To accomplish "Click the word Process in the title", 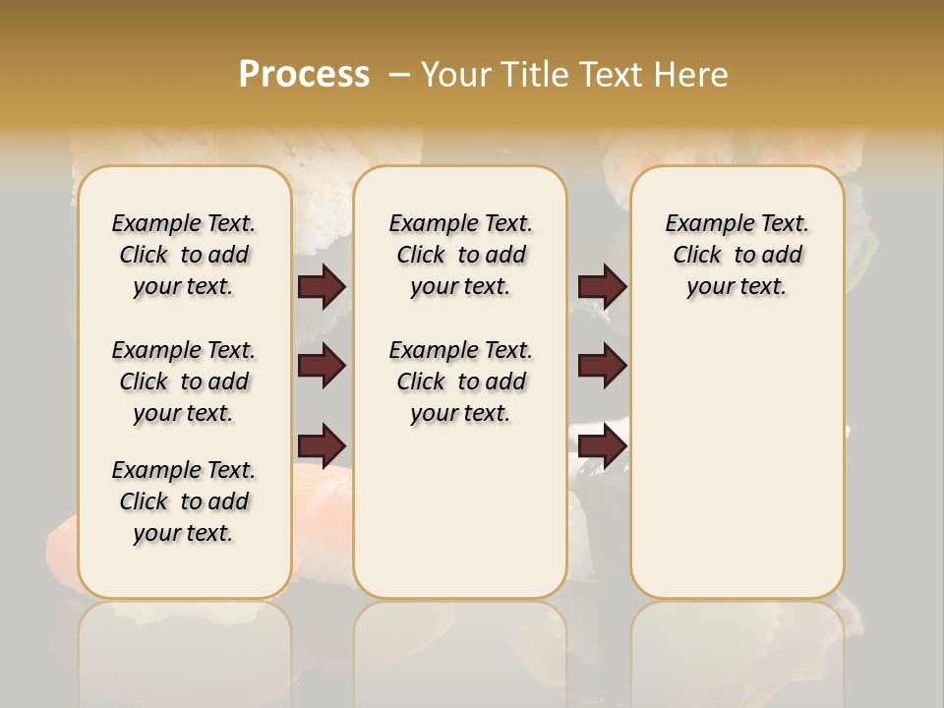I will click(304, 75).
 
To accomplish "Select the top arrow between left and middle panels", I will click(322, 286).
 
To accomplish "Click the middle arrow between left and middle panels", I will click(322, 366).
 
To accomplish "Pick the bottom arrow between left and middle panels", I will click(322, 444).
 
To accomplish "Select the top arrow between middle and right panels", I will click(602, 286).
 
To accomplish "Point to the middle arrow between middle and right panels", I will click(602, 366).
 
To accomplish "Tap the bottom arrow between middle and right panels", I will click(602, 444).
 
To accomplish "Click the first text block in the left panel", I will click(184, 255).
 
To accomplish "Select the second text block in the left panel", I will click(184, 382).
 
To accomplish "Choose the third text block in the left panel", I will click(184, 501).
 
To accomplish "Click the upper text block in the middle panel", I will click(460, 255).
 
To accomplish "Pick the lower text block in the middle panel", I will click(460, 382).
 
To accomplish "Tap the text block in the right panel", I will click(737, 255).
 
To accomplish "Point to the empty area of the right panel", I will click(737, 442).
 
